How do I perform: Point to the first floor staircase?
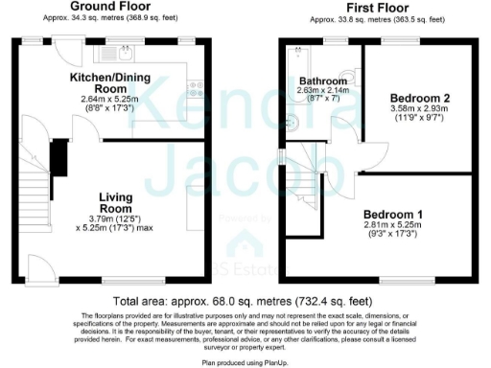click(x=307, y=188)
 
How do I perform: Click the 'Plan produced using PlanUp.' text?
click(x=245, y=362)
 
